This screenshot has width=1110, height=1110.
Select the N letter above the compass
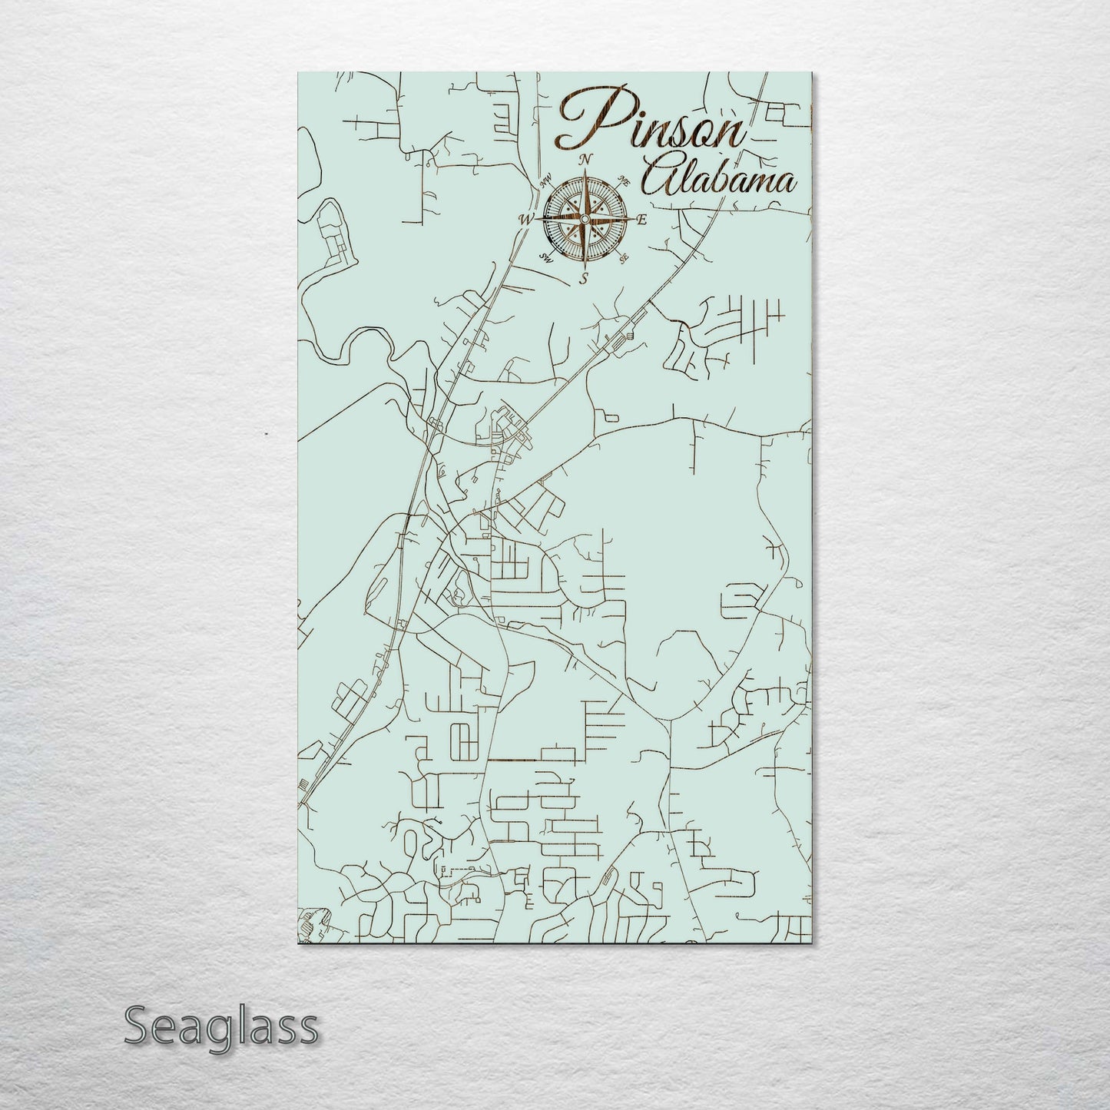point(585,160)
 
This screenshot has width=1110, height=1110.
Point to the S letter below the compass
point(584,278)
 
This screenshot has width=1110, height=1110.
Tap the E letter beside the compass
point(641,220)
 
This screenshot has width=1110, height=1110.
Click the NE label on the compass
point(625,183)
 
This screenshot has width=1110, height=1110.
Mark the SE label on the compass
point(624,257)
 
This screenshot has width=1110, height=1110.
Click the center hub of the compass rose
point(584,220)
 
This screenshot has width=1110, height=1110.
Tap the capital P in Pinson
point(584,119)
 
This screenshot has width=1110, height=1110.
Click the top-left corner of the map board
point(298,73)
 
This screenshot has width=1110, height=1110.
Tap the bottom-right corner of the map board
point(811,944)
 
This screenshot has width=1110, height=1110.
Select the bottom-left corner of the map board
point(298,944)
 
